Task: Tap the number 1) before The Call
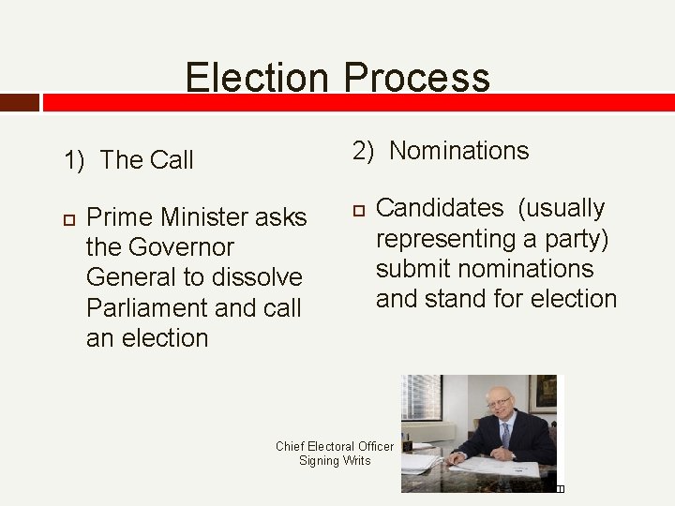[75, 160]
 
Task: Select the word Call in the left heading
[170, 160]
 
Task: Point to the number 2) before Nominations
[365, 151]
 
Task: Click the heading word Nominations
[459, 151]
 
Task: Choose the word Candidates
[440, 208]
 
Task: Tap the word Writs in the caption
[356, 461]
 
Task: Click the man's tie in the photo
[505, 435]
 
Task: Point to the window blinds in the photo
[422, 397]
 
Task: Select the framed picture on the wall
[543, 394]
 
